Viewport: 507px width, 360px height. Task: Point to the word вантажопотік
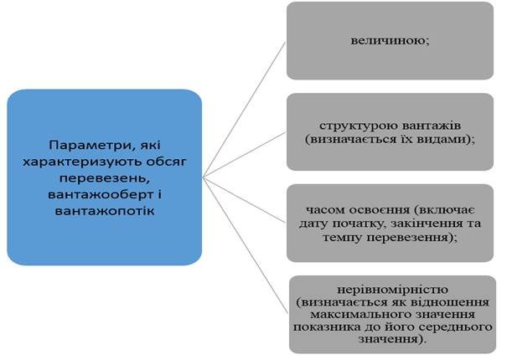click(x=105, y=211)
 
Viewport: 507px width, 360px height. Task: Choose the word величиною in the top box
click(x=388, y=41)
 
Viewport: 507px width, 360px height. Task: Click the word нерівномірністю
click(x=392, y=289)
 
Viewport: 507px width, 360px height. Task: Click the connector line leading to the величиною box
click(x=244, y=110)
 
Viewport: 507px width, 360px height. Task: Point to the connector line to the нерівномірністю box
click(x=245, y=245)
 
